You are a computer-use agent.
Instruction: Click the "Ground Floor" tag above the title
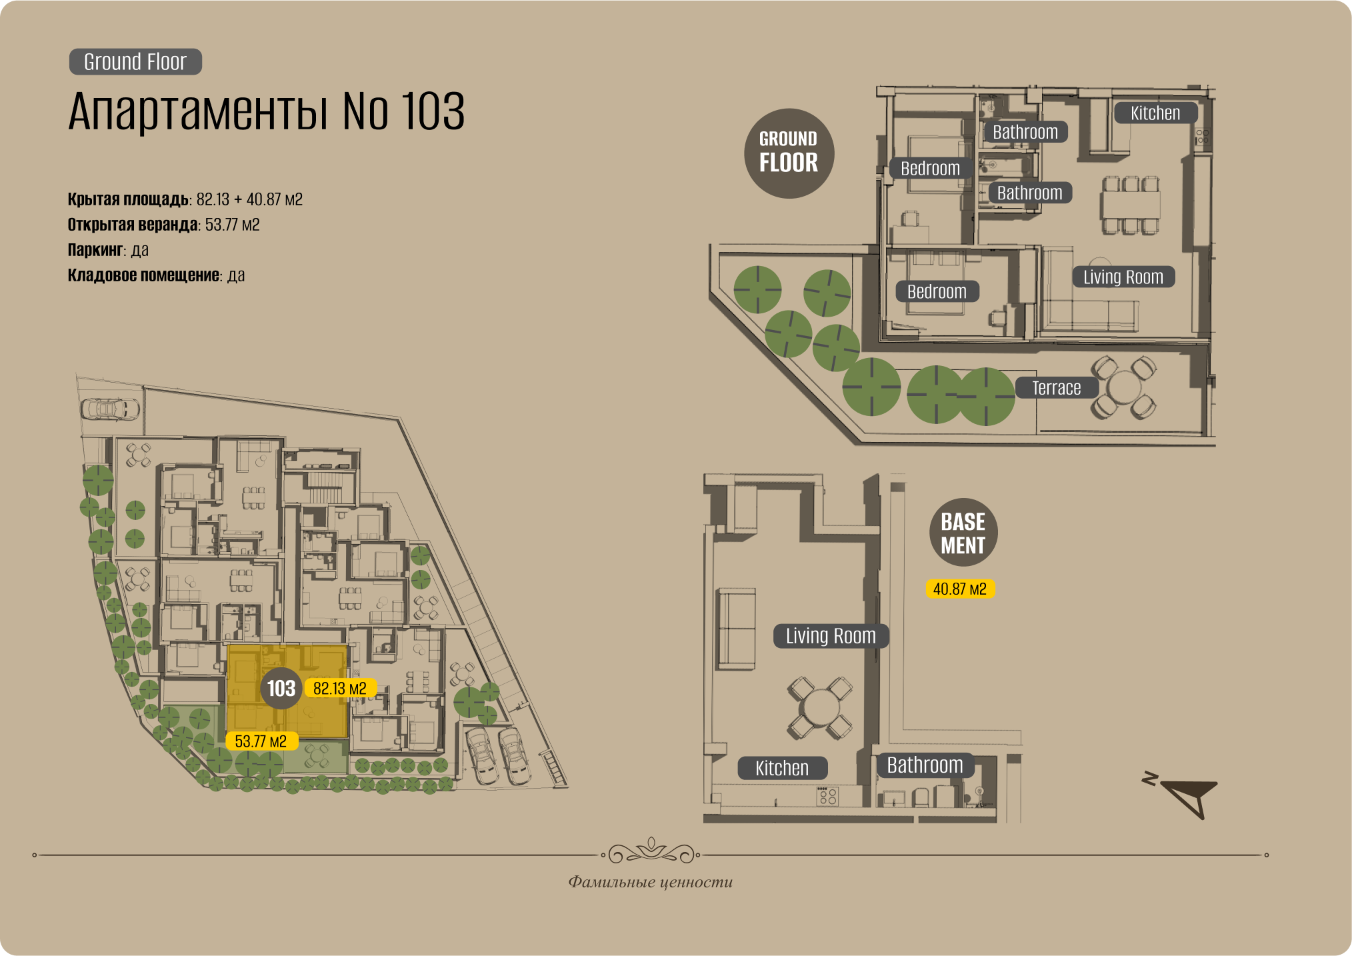pos(135,62)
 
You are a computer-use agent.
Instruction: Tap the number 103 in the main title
pos(433,111)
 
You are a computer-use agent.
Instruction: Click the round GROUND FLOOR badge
pos(789,153)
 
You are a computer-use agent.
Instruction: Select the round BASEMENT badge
pos(963,533)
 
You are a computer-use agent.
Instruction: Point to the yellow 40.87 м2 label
pos(959,589)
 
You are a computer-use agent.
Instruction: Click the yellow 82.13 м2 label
pos(340,688)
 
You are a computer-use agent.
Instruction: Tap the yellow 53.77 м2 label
pos(261,741)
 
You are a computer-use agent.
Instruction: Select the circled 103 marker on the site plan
pos(281,688)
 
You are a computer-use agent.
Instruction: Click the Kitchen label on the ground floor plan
pos(1155,113)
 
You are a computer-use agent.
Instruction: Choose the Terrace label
pos(1056,388)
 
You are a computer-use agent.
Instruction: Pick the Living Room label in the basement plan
pos(831,636)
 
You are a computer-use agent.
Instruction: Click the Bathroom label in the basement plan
pos(925,765)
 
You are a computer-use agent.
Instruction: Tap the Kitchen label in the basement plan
pos(782,768)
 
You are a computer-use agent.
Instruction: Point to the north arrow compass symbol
pos(1187,795)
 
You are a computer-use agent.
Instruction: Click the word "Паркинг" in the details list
pos(95,250)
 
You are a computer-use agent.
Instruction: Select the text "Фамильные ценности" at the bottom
pos(650,882)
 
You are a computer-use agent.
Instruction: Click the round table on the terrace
pos(1124,387)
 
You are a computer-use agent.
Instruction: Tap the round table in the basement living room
pos(820,707)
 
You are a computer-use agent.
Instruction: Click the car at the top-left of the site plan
pos(110,408)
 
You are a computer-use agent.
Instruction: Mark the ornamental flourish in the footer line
pos(651,851)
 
